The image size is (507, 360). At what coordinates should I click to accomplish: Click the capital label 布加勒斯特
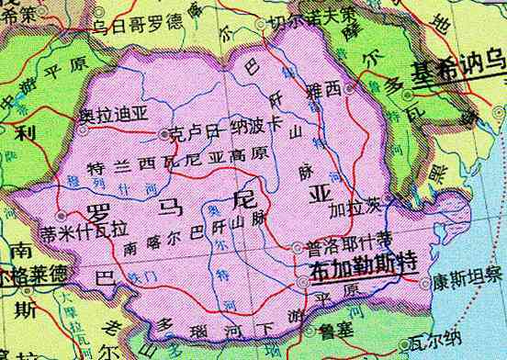click(362, 270)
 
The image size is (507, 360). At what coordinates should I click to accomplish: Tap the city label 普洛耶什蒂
click(342, 247)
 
